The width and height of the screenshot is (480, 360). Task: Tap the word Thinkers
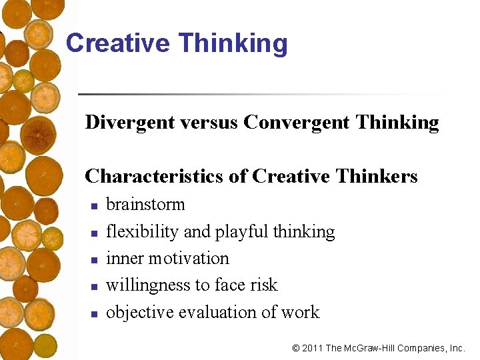pyautogui.click(x=377, y=176)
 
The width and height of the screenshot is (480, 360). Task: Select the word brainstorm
pyautogui.click(x=145, y=205)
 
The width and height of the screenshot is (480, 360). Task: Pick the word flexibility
pyautogui.click(x=142, y=232)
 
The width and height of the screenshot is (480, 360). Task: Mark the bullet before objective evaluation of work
pyautogui.click(x=94, y=313)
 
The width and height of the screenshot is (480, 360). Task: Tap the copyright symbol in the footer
pyautogui.click(x=296, y=348)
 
